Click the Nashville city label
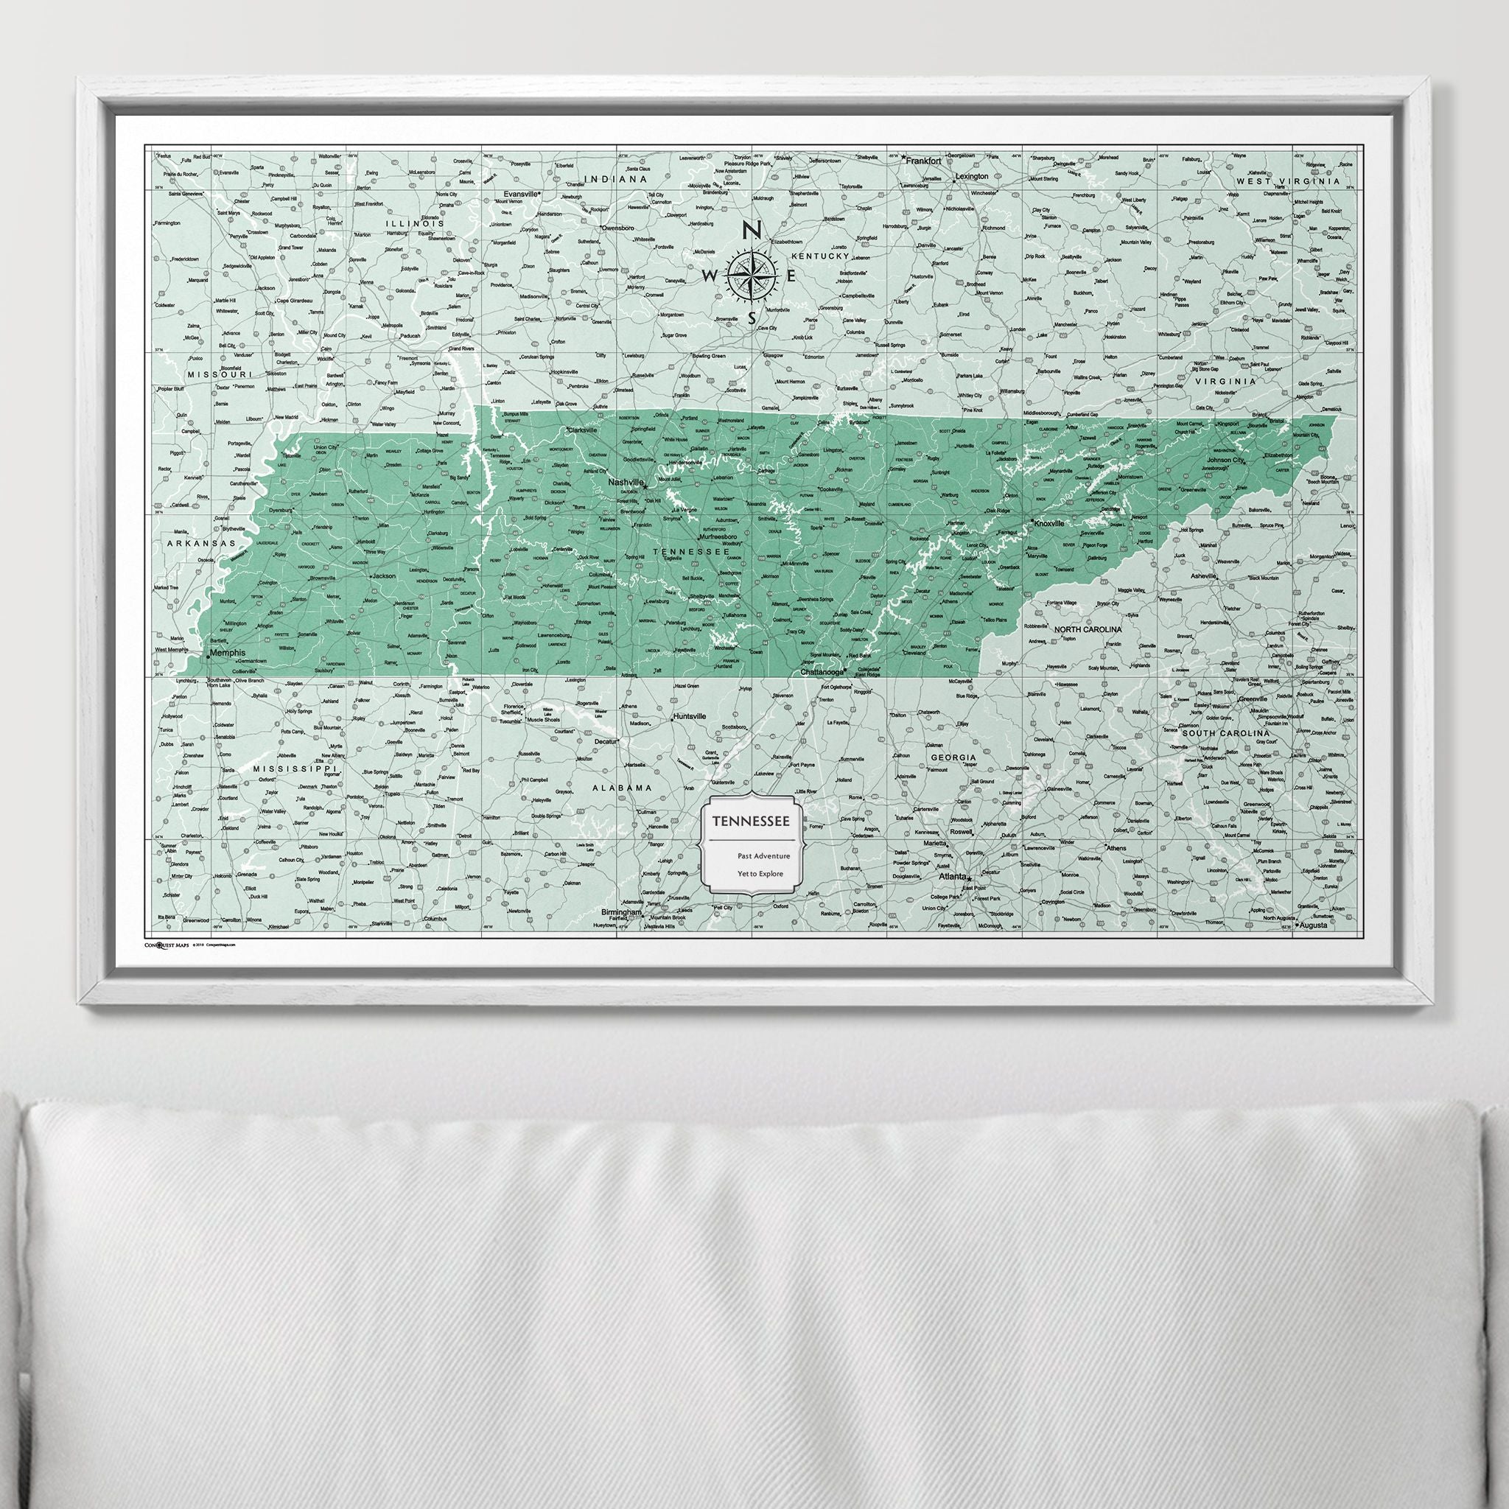[625, 483]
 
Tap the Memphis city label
[227, 653]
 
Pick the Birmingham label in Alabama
[622, 911]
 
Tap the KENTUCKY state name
[820, 256]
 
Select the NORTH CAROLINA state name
[1088, 629]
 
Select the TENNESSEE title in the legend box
[749, 820]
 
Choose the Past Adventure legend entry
[763, 855]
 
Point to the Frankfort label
[922, 158]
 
